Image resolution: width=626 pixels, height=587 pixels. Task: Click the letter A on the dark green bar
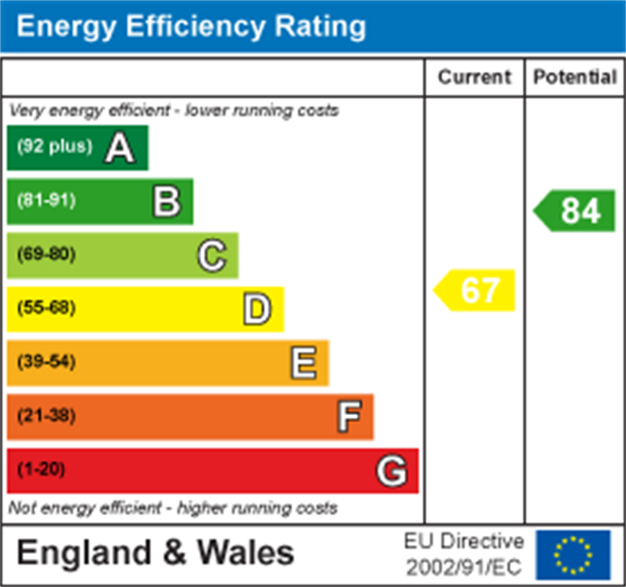[x=120, y=148]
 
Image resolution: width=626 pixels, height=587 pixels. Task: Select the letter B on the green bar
[x=166, y=202]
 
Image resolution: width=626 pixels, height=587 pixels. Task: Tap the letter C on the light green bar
[x=212, y=255]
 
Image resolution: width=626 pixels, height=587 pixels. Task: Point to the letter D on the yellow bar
[x=257, y=309]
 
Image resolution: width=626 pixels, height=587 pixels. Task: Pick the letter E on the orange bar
[x=303, y=363]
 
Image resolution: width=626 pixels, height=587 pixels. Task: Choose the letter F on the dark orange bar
[x=349, y=417]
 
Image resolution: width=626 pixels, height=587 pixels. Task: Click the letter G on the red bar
[x=392, y=471]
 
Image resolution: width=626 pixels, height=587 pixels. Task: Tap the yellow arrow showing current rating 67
[x=476, y=291]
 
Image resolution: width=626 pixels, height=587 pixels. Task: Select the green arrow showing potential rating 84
[x=576, y=211]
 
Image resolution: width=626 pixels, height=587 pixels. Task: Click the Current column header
[x=474, y=77]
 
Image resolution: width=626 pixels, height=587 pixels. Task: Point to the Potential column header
[x=575, y=77]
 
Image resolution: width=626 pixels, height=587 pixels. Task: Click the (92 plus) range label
[x=55, y=147]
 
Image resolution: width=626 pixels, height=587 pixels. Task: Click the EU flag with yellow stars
[x=573, y=555]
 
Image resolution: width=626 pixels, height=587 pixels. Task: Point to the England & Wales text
[x=155, y=553]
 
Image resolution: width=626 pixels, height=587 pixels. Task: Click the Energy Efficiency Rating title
[x=191, y=27]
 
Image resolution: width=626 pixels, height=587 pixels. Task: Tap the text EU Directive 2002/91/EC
[x=463, y=554]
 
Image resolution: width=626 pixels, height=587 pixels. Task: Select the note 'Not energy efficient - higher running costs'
[x=173, y=509]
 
